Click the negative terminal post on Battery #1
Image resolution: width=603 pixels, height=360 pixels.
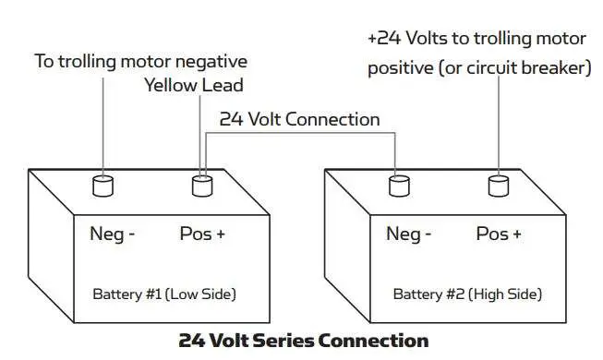[x=103, y=186]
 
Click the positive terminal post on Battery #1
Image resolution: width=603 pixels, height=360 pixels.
[x=202, y=186]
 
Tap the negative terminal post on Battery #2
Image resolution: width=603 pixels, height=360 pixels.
[x=399, y=186]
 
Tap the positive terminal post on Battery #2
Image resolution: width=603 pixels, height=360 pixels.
[x=499, y=186]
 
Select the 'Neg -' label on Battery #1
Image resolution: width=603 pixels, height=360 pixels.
[x=113, y=234]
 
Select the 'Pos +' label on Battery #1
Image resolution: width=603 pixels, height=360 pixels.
[x=202, y=234]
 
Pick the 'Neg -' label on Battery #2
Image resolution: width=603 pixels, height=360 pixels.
[x=408, y=234]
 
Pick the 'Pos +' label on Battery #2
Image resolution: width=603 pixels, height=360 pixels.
[x=499, y=234]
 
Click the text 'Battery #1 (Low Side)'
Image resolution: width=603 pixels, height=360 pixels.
[x=164, y=294]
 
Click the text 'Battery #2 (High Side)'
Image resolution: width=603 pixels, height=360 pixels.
[x=467, y=294]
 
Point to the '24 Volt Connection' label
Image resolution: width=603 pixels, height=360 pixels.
[x=299, y=119]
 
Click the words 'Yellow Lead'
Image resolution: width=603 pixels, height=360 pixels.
[x=193, y=86]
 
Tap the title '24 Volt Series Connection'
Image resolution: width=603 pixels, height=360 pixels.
[x=303, y=340]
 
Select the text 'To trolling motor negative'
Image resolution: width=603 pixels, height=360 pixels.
[x=140, y=62]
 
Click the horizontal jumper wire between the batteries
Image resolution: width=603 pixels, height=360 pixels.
[x=300, y=133]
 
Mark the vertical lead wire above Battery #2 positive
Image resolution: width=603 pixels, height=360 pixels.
[x=500, y=129]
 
